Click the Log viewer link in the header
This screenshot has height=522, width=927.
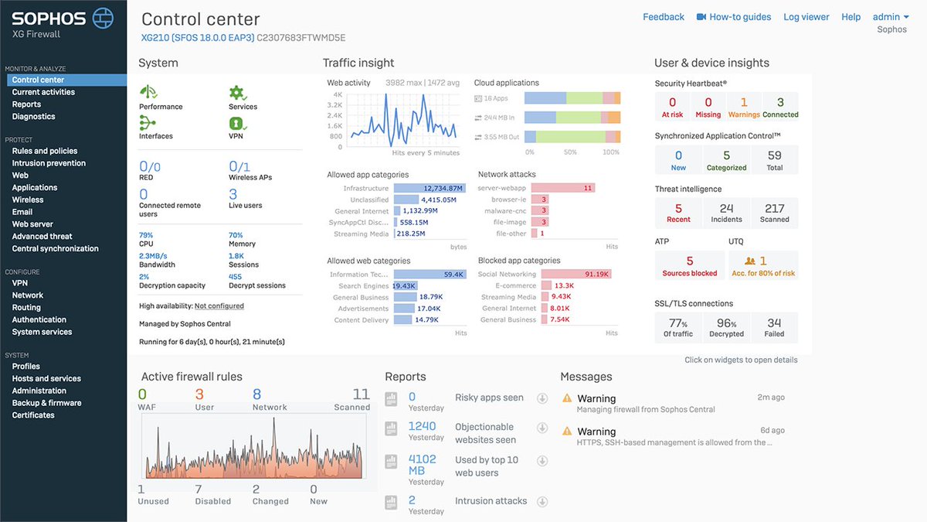pyautogui.click(x=806, y=17)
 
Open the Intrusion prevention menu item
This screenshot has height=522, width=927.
pyautogui.click(x=49, y=163)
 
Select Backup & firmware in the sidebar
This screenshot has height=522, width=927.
pyautogui.click(x=46, y=403)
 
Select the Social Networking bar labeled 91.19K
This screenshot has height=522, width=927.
pyautogui.click(x=576, y=274)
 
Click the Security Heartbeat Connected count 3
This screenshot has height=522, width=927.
pyautogui.click(x=780, y=103)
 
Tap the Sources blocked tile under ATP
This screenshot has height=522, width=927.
pyautogui.click(x=690, y=265)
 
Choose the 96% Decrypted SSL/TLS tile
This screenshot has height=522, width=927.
pyautogui.click(x=726, y=327)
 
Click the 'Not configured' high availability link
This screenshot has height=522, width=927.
pyautogui.click(x=219, y=306)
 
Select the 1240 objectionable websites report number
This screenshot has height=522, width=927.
pyautogui.click(x=422, y=426)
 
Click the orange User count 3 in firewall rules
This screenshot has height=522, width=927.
pyautogui.click(x=199, y=395)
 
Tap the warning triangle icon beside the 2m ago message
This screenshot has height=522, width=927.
pyautogui.click(x=567, y=398)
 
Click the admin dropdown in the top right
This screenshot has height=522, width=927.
pyautogui.click(x=891, y=17)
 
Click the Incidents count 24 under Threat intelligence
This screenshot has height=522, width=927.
pyautogui.click(x=726, y=209)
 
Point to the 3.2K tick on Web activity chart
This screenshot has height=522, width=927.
pyautogui.click(x=334, y=104)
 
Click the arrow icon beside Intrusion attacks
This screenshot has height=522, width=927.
pyautogui.click(x=542, y=501)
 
